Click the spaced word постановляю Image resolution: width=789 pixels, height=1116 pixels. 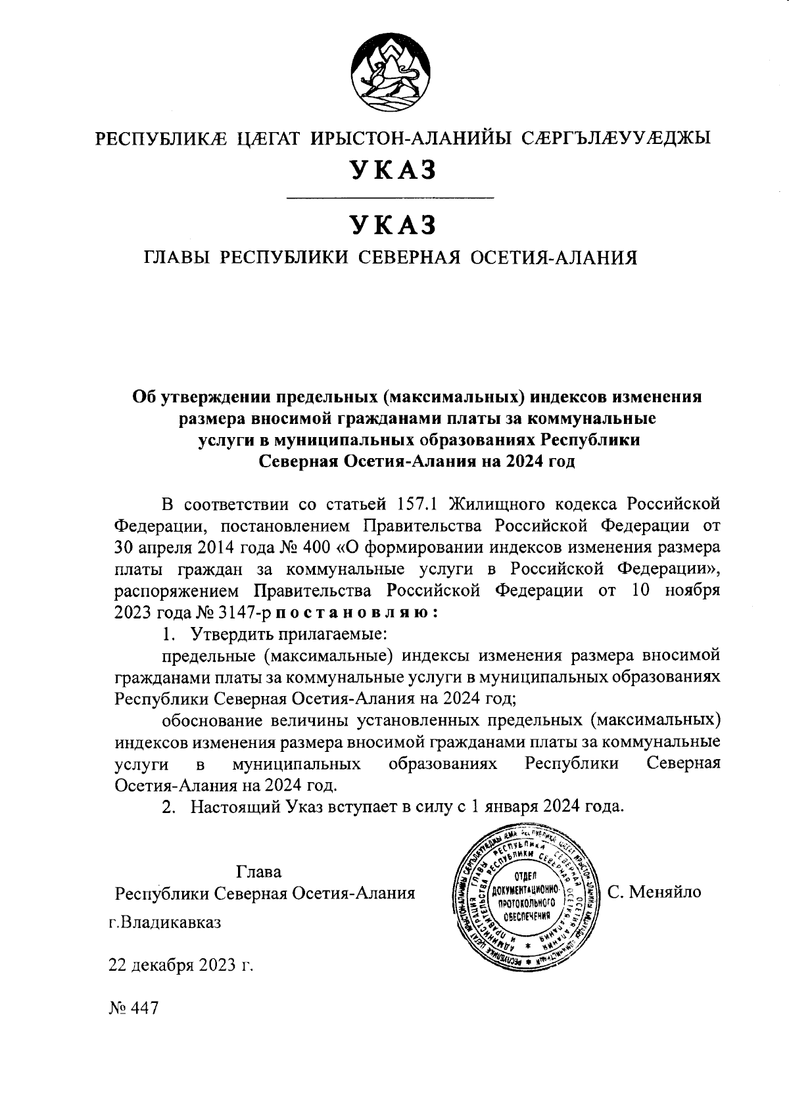pos(356,612)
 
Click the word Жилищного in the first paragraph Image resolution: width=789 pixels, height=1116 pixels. pos(500,504)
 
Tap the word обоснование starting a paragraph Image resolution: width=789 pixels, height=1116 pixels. pos(212,720)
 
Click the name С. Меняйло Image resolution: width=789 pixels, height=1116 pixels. pos(654,892)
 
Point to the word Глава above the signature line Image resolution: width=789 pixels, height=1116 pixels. pos(258,872)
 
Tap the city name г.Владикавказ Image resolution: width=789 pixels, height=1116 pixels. pos(165,921)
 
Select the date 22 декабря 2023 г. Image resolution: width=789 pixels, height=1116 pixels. pos(181,965)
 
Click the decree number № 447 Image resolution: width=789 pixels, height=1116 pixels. pos(133,1009)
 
